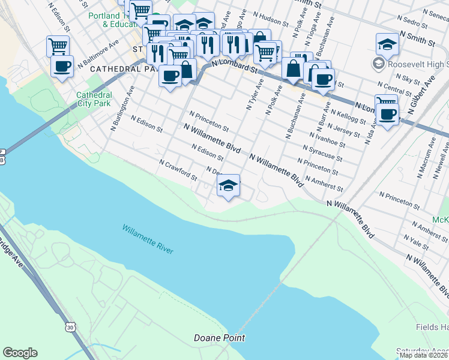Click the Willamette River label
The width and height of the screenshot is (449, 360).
(x=148, y=238)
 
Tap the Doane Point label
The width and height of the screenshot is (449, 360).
(x=219, y=338)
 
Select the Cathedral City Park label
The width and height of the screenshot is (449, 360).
(x=94, y=100)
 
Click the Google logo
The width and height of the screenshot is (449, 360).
(x=20, y=353)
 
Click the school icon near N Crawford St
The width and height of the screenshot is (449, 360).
(x=228, y=186)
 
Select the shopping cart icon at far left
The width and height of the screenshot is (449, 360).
(x=58, y=45)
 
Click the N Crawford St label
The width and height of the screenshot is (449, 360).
(x=178, y=170)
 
